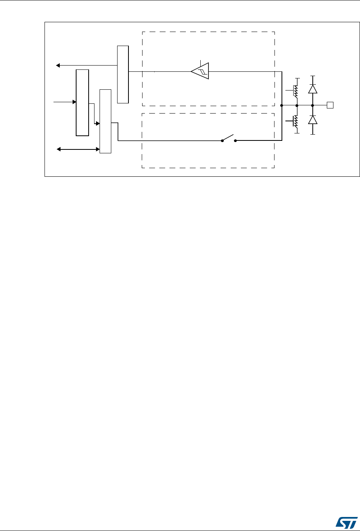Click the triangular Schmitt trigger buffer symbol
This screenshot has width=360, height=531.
pyautogui.click(x=200, y=71)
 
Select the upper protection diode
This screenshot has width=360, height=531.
pyautogui.click(x=312, y=89)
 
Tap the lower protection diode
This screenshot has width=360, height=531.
pyautogui.click(x=312, y=120)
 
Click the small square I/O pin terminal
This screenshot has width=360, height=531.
pyautogui.click(x=330, y=105)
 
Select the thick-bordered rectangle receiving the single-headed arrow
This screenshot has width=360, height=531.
pyautogui.click(x=82, y=103)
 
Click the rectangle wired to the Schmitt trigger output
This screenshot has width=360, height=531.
pyautogui.click(x=123, y=74)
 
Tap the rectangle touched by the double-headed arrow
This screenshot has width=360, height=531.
pyautogui.click(x=105, y=121)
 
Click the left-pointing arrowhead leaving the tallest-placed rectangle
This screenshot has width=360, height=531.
pyautogui.click(x=58, y=65)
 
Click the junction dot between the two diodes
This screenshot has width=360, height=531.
pyautogui.click(x=312, y=105)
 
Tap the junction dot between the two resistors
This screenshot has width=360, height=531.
pyautogui.click(x=297, y=105)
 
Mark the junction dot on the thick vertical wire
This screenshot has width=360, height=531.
pyautogui.click(x=282, y=105)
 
